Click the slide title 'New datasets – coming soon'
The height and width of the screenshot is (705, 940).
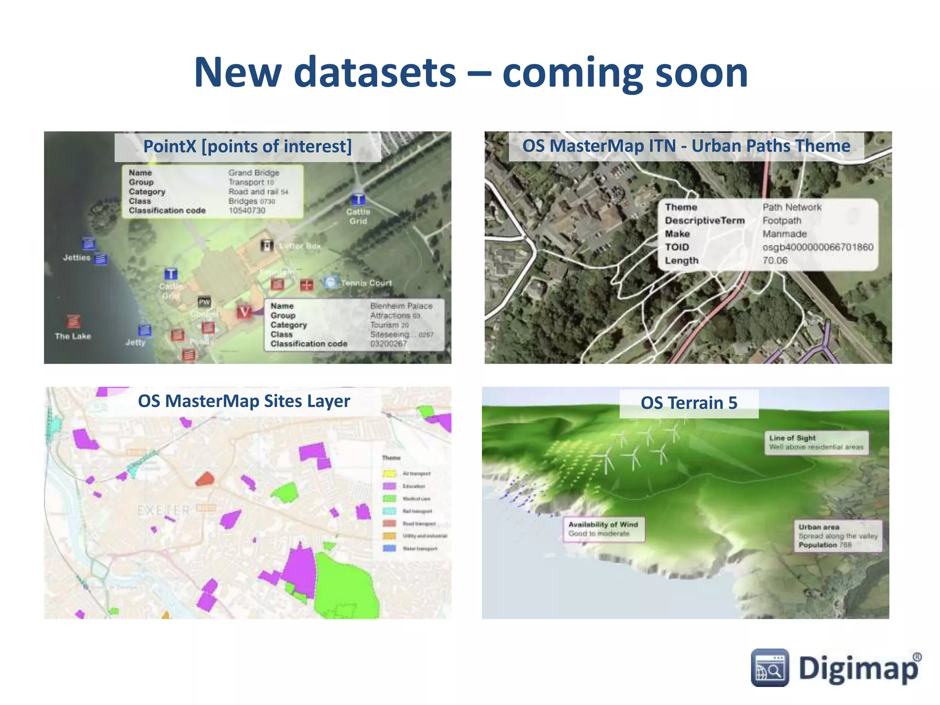pos(471,72)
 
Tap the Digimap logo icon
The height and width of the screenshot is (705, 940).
pos(770,668)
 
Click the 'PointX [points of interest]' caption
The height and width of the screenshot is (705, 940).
pos(247,146)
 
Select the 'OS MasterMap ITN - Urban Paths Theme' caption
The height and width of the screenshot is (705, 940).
pos(686,146)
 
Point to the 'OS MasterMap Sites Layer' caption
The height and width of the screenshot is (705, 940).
pos(244,401)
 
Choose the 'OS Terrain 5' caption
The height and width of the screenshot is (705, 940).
pos(688,403)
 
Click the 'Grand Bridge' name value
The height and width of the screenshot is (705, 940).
pos(254,173)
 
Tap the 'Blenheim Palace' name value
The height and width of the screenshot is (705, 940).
pos(401,306)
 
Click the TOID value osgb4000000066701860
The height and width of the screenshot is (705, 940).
pos(817,247)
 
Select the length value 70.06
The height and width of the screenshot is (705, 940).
pos(775,260)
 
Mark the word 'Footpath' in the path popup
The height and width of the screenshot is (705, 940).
pos(782,220)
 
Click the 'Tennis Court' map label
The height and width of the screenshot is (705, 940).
pos(366,283)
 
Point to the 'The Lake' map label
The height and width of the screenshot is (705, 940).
pos(73,336)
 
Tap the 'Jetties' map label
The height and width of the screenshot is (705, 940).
pos(77,257)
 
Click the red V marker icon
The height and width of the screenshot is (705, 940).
pos(244,312)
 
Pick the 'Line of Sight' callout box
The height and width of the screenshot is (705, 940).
pos(816,442)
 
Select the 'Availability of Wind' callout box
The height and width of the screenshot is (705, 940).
pos(603,529)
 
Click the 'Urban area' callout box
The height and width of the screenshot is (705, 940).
pos(838,536)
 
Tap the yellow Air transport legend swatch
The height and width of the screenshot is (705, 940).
pos(389,473)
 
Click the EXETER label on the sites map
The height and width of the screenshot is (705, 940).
pos(164,510)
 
